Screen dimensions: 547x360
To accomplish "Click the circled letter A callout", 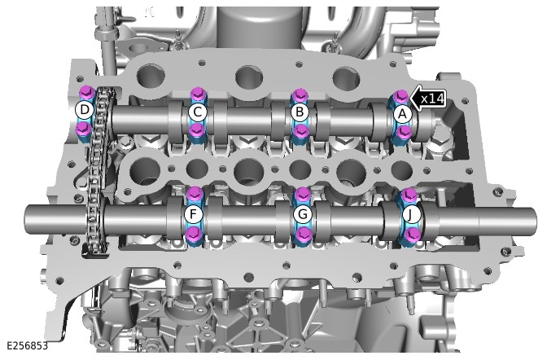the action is [x=403, y=114].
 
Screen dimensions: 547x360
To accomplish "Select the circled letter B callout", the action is [x=300, y=112].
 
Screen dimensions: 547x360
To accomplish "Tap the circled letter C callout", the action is [x=198, y=112].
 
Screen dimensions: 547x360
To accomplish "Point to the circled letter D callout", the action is [x=85, y=110].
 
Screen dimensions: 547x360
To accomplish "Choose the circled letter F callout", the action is [x=193, y=214].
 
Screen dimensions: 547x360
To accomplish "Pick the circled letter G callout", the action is [x=303, y=214].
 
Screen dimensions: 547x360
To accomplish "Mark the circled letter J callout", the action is [x=410, y=215].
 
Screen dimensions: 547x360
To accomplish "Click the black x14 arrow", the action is [x=427, y=99].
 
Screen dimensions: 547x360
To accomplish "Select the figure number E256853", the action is [x=27, y=345].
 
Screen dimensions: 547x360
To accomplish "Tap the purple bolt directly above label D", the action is [x=85, y=92].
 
